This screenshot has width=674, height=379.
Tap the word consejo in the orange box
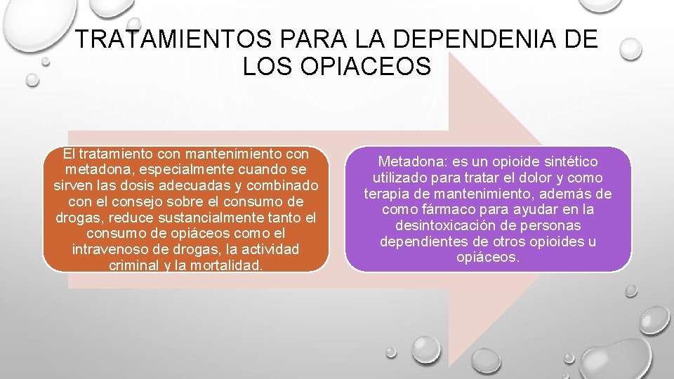pos(136,201)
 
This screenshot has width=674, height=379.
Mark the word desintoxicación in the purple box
pos(444,226)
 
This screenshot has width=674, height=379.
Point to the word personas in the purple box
pos(553,226)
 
